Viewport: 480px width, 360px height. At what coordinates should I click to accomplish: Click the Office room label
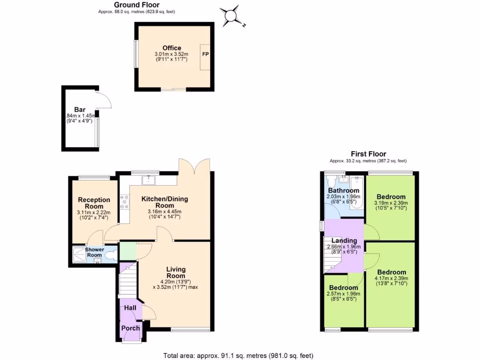coord(172,48)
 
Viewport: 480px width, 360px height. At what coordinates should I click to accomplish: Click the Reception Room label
coord(94,203)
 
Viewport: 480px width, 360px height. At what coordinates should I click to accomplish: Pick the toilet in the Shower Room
coord(110,256)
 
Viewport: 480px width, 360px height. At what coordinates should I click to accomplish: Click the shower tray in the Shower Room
coord(80,255)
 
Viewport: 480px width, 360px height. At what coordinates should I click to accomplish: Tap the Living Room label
coord(176,272)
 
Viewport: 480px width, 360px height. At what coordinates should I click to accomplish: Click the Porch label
coord(130,328)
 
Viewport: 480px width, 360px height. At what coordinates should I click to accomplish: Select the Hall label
coord(130,308)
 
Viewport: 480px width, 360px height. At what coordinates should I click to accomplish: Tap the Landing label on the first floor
coord(344,241)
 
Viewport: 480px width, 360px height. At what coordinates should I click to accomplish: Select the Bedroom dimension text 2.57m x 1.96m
coord(344,294)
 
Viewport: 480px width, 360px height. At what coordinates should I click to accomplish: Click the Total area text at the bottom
coord(238,355)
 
